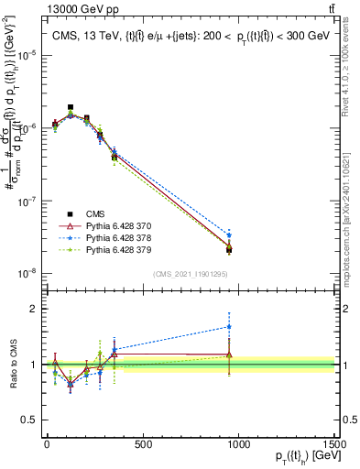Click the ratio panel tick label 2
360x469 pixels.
34,309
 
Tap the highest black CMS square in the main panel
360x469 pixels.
71,107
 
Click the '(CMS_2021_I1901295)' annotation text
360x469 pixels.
191,274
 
